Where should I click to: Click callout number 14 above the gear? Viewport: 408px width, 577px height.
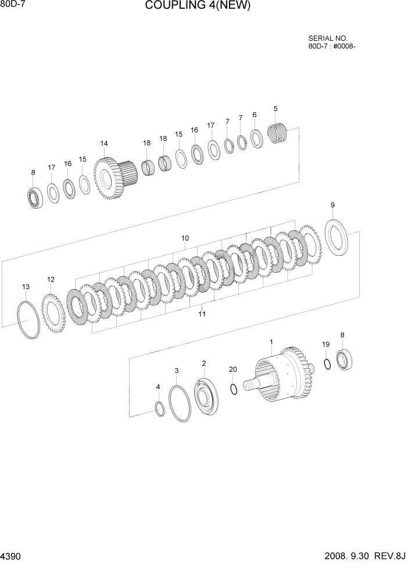click(104, 144)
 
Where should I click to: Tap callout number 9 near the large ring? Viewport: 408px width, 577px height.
click(332, 205)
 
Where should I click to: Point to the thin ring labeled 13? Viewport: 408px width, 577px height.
click(28, 319)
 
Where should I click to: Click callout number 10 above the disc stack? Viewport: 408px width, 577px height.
click(185, 238)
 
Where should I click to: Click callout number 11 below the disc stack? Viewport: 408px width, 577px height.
click(202, 314)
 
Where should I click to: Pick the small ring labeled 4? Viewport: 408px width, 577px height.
click(159, 409)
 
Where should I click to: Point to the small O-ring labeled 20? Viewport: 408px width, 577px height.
click(233, 389)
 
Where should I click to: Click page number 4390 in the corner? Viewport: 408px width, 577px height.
click(11, 557)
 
